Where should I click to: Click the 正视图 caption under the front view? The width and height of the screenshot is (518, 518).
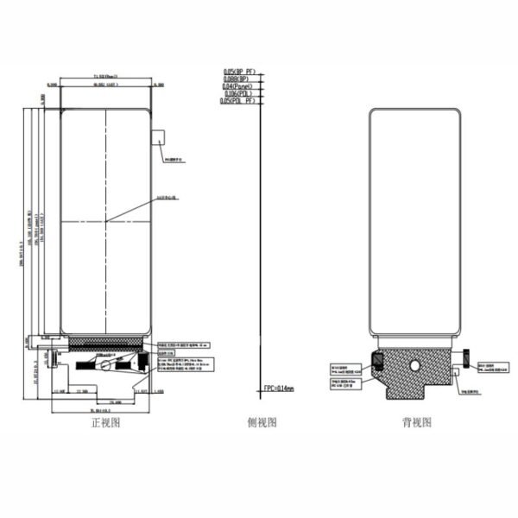[105, 422]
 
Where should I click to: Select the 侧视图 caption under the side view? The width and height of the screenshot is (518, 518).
[261, 422]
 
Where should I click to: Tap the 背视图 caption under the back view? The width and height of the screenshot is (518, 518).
[416, 422]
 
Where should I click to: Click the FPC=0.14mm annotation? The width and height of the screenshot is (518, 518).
[278, 389]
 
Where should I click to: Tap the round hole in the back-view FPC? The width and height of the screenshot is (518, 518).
[415, 365]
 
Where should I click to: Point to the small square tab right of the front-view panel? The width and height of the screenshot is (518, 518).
[158, 137]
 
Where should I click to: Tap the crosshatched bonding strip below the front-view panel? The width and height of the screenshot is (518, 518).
[105, 343]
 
